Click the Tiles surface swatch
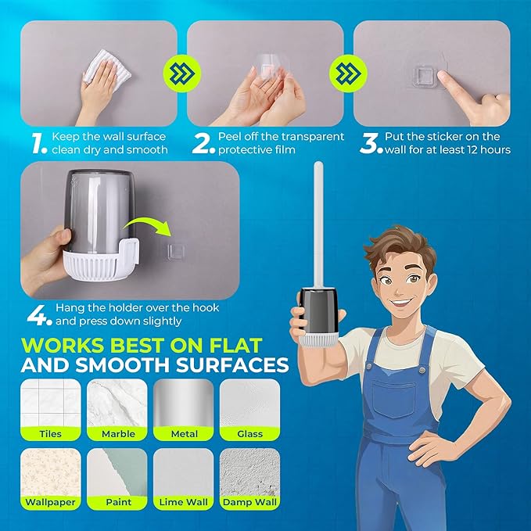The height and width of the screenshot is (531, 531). pos(51,410)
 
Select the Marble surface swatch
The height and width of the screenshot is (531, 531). pos(117,410)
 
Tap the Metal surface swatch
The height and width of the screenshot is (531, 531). pos(184,410)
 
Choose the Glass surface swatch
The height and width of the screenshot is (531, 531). pos(250,410)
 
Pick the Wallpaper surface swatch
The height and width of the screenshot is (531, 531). pos(51,479)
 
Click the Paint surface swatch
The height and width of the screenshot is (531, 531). pos(117,479)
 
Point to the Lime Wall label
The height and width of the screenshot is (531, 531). pos(184,502)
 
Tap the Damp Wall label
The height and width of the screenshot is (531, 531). pos(250,502)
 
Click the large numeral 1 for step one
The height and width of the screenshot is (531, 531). pos(38,144)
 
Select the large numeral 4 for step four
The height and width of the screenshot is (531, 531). pos(37,315)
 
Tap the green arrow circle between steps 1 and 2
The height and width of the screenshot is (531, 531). pos(182,74)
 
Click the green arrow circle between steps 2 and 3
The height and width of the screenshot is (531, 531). pos(348,74)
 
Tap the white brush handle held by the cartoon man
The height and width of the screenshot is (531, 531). pos(318,226)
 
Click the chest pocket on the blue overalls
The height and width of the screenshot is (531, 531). pos(394,399)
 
